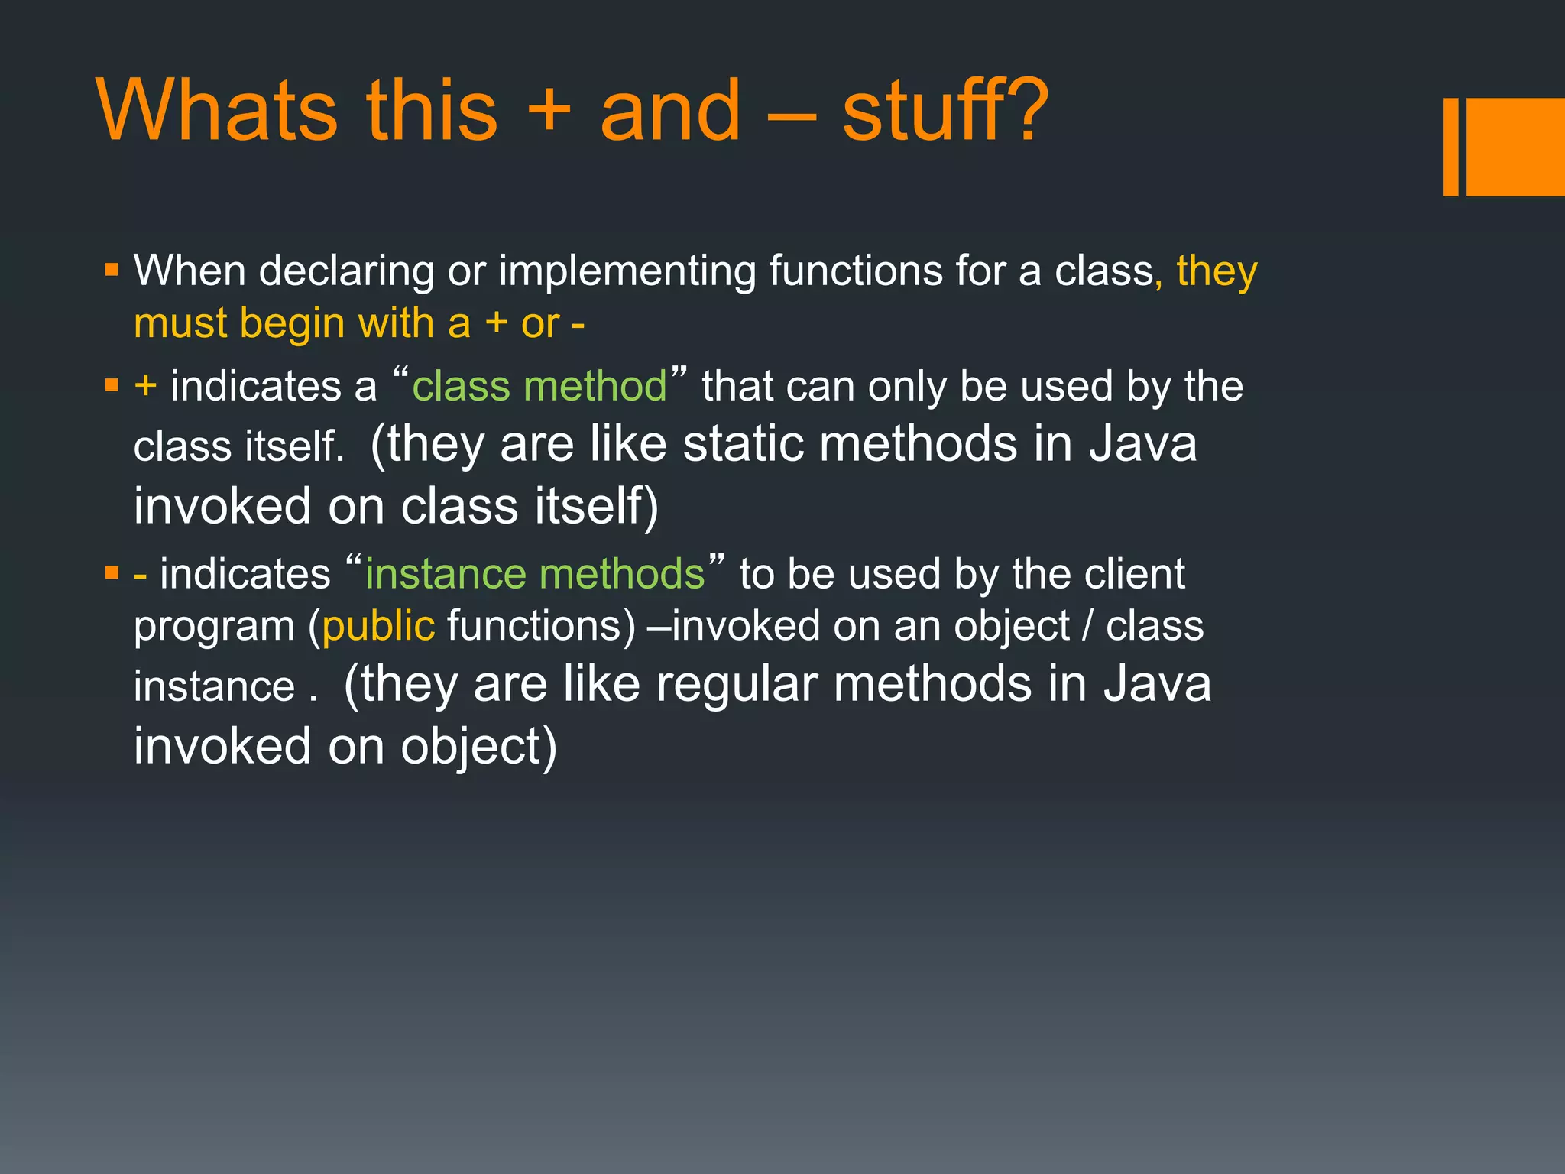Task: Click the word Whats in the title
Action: (x=217, y=111)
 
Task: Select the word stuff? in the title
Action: (x=945, y=111)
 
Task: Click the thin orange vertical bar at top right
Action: (x=1450, y=147)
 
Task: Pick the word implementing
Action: (x=627, y=271)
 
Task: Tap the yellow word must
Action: (x=180, y=323)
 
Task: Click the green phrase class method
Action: (x=539, y=387)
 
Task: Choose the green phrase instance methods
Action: (x=535, y=574)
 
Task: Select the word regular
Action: (x=737, y=684)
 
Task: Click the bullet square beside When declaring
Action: (x=112, y=270)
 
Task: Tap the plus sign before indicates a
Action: (x=145, y=386)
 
